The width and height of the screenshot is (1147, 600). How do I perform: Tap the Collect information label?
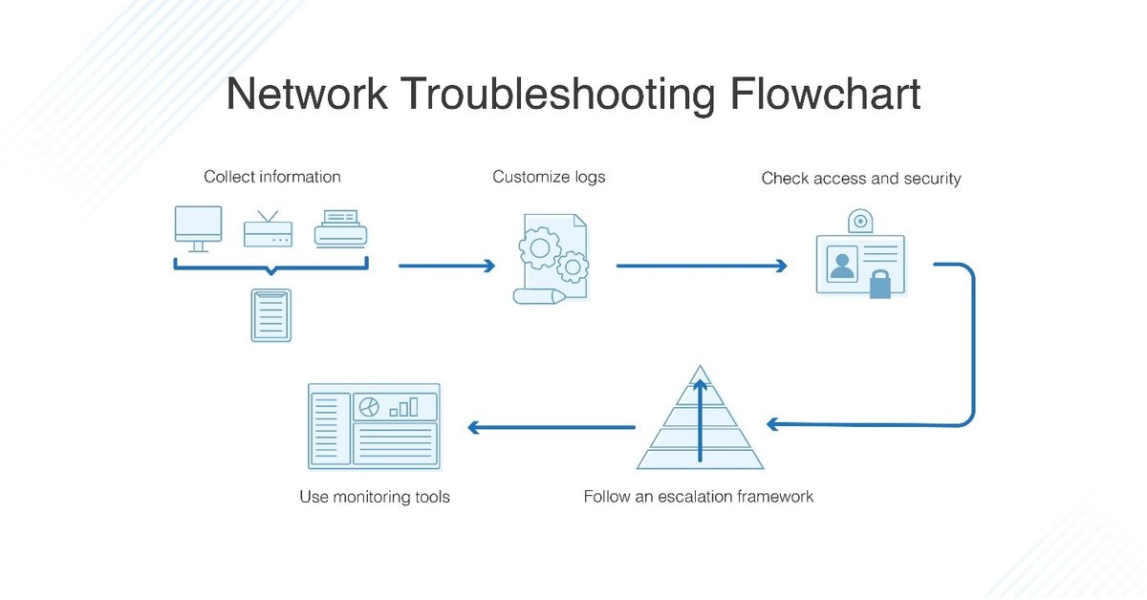[x=272, y=177]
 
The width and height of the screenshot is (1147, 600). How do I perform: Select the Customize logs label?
[x=549, y=177]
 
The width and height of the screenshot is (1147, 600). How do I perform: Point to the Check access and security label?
[x=860, y=179]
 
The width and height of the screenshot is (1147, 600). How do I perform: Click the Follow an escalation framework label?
[x=699, y=497]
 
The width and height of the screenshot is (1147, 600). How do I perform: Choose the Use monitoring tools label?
[x=375, y=497]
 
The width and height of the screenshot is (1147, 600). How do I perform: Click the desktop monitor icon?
[x=199, y=227]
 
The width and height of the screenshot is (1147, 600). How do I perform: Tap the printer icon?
[x=341, y=229]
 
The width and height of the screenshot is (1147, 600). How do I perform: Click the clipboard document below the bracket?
[x=271, y=314]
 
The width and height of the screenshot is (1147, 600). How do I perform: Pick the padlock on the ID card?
[x=879, y=285]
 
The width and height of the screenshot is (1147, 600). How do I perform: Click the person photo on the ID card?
[x=842, y=264]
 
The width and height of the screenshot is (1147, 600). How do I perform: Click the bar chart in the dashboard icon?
[x=403, y=408]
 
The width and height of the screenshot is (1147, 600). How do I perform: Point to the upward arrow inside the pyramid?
[x=700, y=420]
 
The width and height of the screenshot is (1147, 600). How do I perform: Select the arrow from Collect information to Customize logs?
[x=446, y=266]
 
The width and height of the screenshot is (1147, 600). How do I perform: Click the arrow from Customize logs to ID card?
[x=702, y=266]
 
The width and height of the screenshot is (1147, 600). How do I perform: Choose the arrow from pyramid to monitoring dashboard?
[x=552, y=427]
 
